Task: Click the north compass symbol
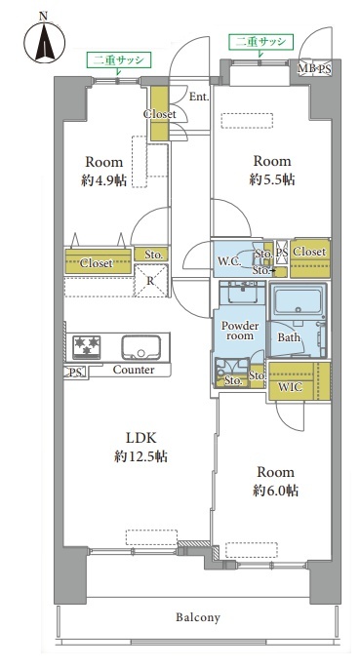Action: (44, 42)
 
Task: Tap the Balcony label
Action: (198, 617)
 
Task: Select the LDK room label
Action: (141, 438)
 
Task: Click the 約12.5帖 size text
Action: (140, 457)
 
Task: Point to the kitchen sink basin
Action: (140, 347)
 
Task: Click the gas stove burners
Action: (87, 346)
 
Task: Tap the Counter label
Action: (134, 370)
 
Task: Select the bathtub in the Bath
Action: (297, 301)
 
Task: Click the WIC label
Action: (291, 387)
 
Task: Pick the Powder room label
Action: (240, 331)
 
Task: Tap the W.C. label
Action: (227, 261)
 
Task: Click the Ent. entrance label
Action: (199, 97)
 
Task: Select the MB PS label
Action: (314, 69)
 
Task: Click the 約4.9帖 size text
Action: (103, 181)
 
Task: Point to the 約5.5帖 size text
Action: (272, 179)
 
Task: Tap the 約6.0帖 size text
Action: (275, 491)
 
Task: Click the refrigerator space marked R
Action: (151, 280)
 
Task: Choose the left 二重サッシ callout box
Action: (119, 60)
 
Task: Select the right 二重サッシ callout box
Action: (260, 42)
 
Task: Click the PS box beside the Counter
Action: (75, 373)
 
